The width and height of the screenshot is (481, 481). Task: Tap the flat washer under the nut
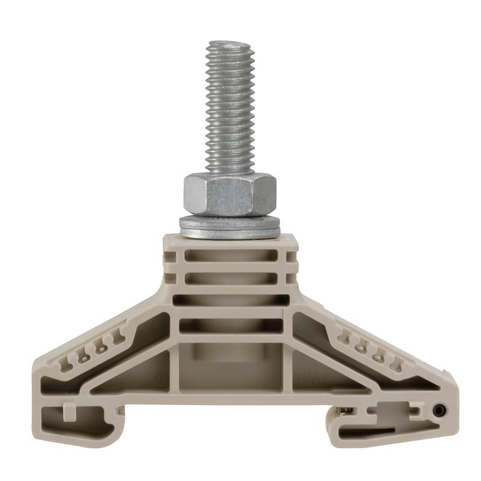(230, 227)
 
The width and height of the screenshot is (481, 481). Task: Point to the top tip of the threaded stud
(230, 44)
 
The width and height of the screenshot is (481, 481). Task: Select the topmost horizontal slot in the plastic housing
(231, 256)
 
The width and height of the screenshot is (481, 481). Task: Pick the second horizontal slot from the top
(231, 278)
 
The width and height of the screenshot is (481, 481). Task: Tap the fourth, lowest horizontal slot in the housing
(231, 325)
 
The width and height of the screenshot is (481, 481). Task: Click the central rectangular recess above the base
(231, 367)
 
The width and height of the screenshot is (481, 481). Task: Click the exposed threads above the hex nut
(230, 108)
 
